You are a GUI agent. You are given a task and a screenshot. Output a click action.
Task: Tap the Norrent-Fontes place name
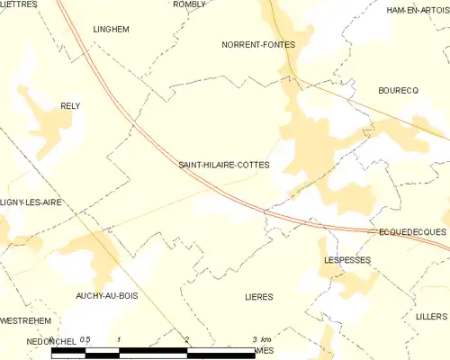click(x=258, y=43)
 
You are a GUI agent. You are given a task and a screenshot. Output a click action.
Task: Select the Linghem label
click(x=112, y=29)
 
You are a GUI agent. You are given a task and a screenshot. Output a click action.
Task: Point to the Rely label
click(x=69, y=105)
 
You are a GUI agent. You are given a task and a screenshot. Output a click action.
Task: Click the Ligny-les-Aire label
click(x=31, y=203)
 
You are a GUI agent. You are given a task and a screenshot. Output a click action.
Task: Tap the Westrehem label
click(x=25, y=320)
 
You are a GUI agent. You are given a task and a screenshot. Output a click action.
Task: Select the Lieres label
click(x=258, y=296)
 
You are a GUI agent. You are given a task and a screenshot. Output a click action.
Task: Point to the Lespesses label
click(x=346, y=259)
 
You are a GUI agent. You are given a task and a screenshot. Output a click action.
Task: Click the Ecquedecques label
click(x=412, y=231)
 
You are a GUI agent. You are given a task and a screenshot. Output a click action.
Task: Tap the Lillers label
click(x=432, y=317)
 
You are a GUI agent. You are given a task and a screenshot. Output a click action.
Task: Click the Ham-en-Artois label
click(x=417, y=10)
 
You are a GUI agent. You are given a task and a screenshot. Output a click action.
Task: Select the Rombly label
click(x=189, y=4)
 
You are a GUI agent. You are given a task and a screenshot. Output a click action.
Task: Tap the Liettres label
click(x=19, y=4)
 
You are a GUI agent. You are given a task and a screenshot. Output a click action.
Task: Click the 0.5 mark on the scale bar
click(x=85, y=339)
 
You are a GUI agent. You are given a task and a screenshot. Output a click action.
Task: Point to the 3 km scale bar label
click(x=261, y=339)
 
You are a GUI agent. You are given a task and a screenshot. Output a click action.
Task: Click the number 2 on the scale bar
click(x=186, y=339)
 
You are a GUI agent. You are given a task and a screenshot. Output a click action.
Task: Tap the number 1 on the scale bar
click(x=120, y=339)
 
